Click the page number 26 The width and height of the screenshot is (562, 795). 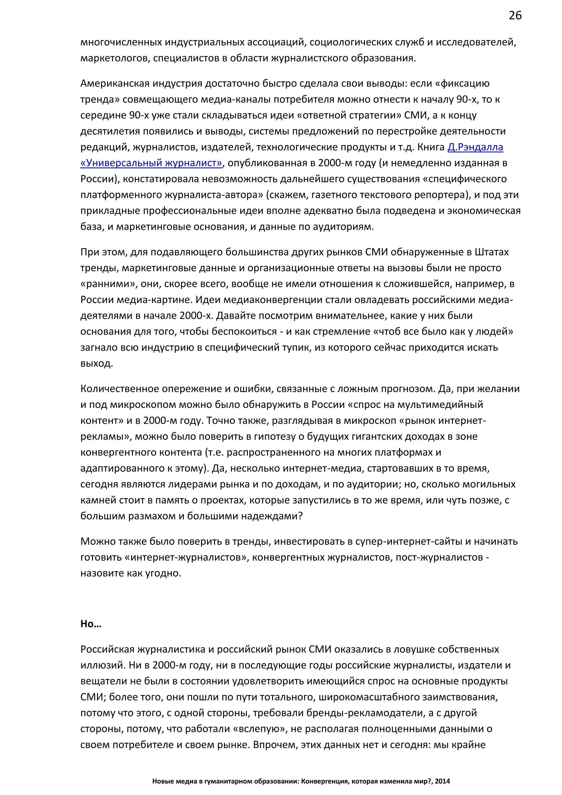(515, 16)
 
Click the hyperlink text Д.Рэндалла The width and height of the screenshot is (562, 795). (475, 147)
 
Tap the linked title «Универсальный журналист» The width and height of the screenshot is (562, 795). (151, 163)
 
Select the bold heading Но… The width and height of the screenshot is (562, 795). (91, 624)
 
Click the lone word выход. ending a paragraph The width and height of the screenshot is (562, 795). (97, 363)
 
